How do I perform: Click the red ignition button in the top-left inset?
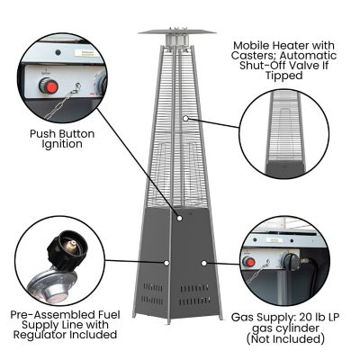coord(50,87)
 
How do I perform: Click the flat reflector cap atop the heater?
coord(177,31)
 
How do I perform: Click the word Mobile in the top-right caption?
coord(253,43)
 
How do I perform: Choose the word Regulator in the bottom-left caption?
coord(42,335)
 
